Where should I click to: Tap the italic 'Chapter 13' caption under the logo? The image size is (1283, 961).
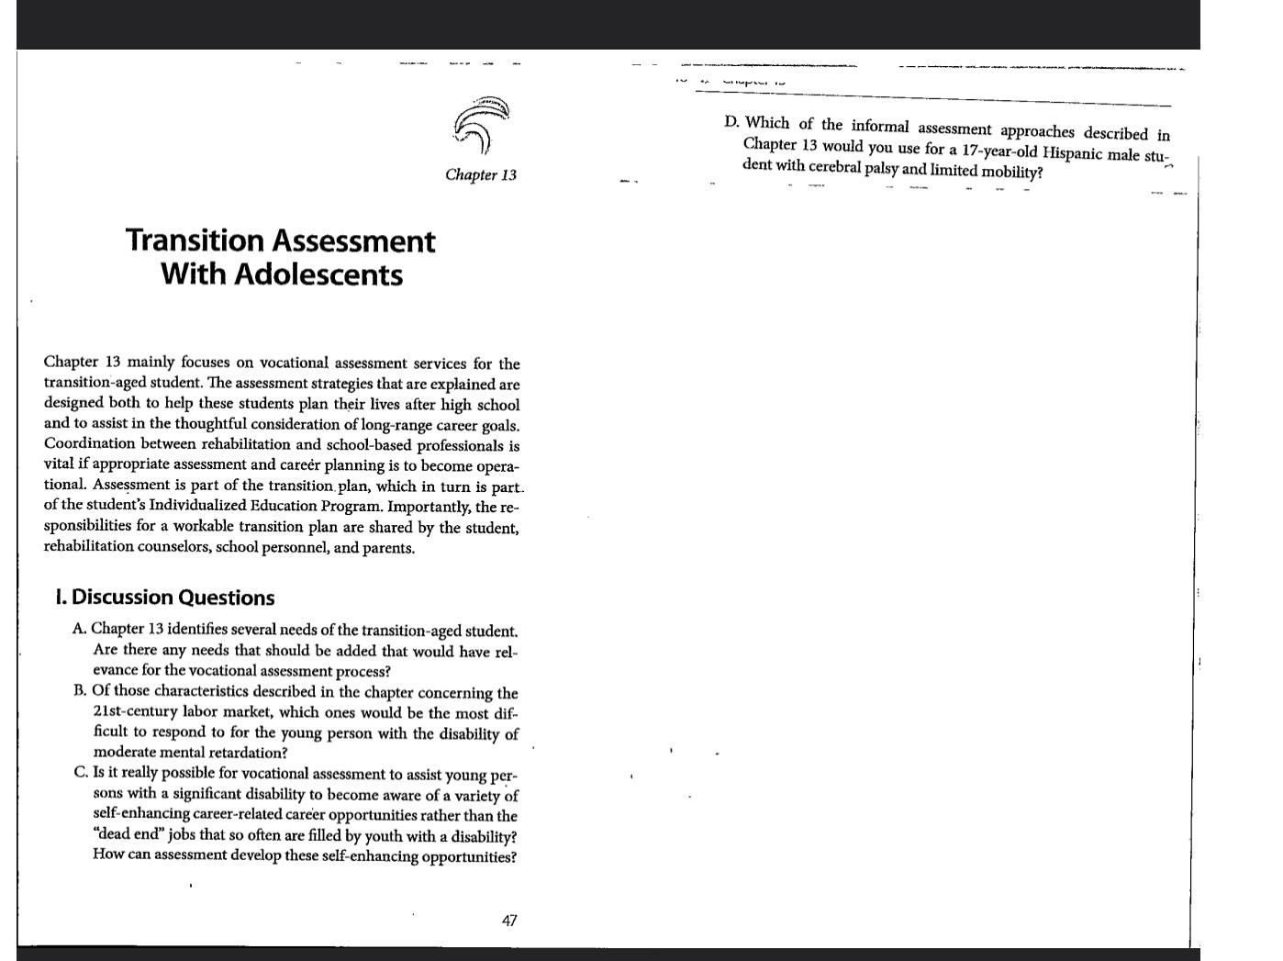[x=481, y=174]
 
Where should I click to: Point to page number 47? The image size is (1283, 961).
[x=509, y=920]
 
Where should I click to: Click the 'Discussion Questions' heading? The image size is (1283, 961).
[x=173, y=598]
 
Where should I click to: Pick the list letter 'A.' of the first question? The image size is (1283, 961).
[x=81, y=629]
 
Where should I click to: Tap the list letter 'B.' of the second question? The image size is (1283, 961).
[x=81, y=690]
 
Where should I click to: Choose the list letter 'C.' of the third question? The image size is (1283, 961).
[x=82, y=772]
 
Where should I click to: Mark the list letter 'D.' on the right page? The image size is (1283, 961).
[x=731, y=122]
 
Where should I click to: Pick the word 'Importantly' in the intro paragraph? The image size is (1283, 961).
[x=429, y=507]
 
